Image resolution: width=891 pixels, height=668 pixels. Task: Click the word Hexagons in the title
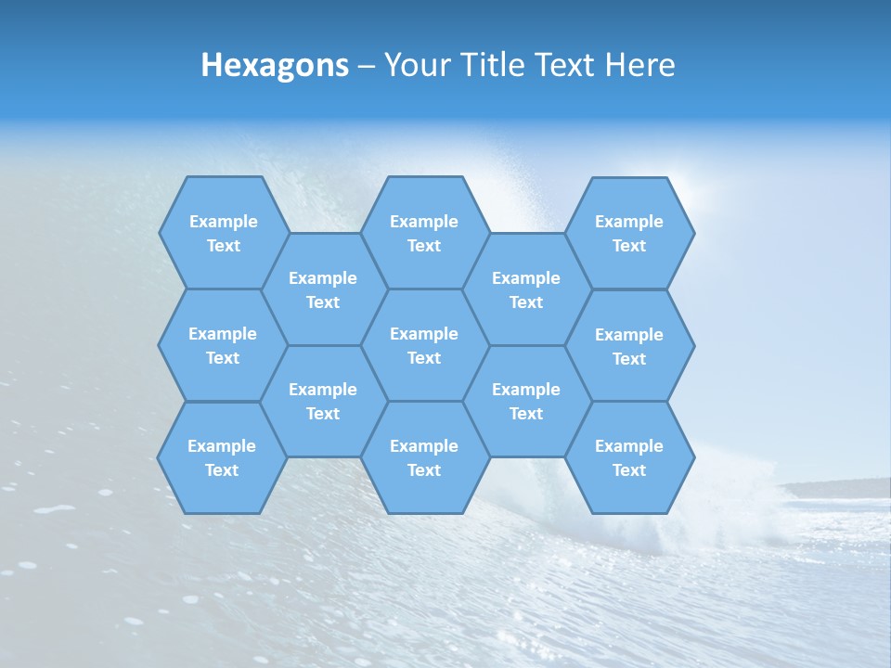[275, 65]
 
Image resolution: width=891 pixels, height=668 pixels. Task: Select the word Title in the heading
[502, 65]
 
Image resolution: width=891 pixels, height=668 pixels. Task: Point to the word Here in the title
[639, 65]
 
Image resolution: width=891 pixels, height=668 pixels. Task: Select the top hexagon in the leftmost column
[223, 233]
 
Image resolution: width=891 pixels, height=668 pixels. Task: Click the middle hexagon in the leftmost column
[223, 345]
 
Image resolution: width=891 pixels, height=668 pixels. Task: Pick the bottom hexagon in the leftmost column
[222, 457]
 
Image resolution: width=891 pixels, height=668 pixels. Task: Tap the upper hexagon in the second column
[323, 289]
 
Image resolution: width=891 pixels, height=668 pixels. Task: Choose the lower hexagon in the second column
[323, 401]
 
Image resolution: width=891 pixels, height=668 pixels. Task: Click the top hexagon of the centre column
[424, 233]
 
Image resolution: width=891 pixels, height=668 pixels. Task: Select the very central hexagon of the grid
[424, 345]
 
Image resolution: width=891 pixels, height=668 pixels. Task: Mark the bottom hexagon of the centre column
[424, 457]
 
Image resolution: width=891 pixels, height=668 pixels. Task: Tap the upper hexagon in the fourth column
[526, 289]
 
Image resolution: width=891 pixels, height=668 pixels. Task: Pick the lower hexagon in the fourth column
[526, 401]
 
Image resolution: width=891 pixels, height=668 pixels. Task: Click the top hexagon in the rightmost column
[629, 233]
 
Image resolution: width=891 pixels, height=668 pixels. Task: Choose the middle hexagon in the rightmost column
[629, 346]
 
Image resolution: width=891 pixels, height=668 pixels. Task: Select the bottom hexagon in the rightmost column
[629, 457]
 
